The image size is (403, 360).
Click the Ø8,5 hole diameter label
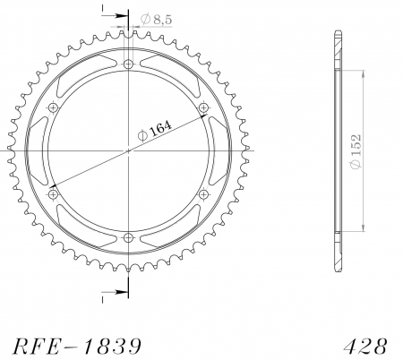point(156,20)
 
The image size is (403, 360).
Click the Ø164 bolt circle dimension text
point(155,131)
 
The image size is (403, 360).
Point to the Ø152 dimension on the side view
point(356,151)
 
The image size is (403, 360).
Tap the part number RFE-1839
point(77,347)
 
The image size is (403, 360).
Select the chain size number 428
point(365,347)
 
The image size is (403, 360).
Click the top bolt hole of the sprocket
point(129,64)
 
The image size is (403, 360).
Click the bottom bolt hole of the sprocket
point(129,238)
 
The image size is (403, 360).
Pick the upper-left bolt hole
point(54,107)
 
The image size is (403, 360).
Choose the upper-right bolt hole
point(203,107)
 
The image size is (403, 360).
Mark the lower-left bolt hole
point(54,194)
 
